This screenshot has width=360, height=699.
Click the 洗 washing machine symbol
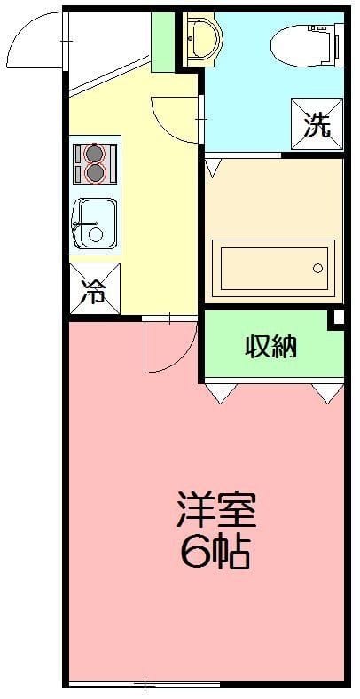tap(317, 124)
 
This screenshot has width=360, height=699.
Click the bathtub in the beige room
tap(274, 269)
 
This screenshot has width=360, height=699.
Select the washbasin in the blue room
tap(200, 38)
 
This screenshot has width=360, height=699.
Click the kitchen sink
tap(95, 223)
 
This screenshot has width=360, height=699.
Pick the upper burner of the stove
tap(95, 151)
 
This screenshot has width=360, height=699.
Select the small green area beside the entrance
tap(163, 43)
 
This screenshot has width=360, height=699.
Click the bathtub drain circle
tap(317, 269)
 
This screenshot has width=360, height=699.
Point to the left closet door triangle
tap(222, 391)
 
